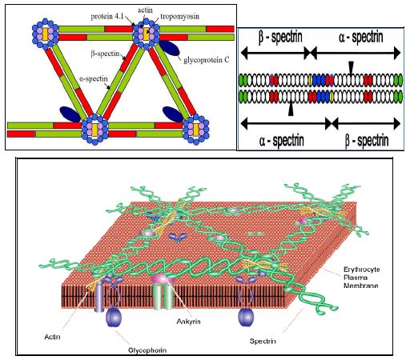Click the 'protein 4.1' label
pos(107,17)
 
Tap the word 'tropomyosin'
pos(180,17)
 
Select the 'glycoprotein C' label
pos(207,60)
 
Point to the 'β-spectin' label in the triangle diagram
pos(105,54)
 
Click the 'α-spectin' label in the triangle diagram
pos(94,79)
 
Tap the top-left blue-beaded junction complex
pos(46,34)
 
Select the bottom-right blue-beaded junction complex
pos(196,130)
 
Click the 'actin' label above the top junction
pos(145,10)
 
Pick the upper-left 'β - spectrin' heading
pos(280,37)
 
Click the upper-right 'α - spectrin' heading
pos(361,37)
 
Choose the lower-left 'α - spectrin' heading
pos(281,140)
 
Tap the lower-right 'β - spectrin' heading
pos(367,140)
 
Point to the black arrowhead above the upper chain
pos(352,67)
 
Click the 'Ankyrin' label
pos(188,322)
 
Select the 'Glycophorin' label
pos(147,350)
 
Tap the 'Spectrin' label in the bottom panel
pos(263,341)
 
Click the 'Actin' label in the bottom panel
pos(52,337)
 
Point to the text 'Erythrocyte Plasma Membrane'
pos(361,278)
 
